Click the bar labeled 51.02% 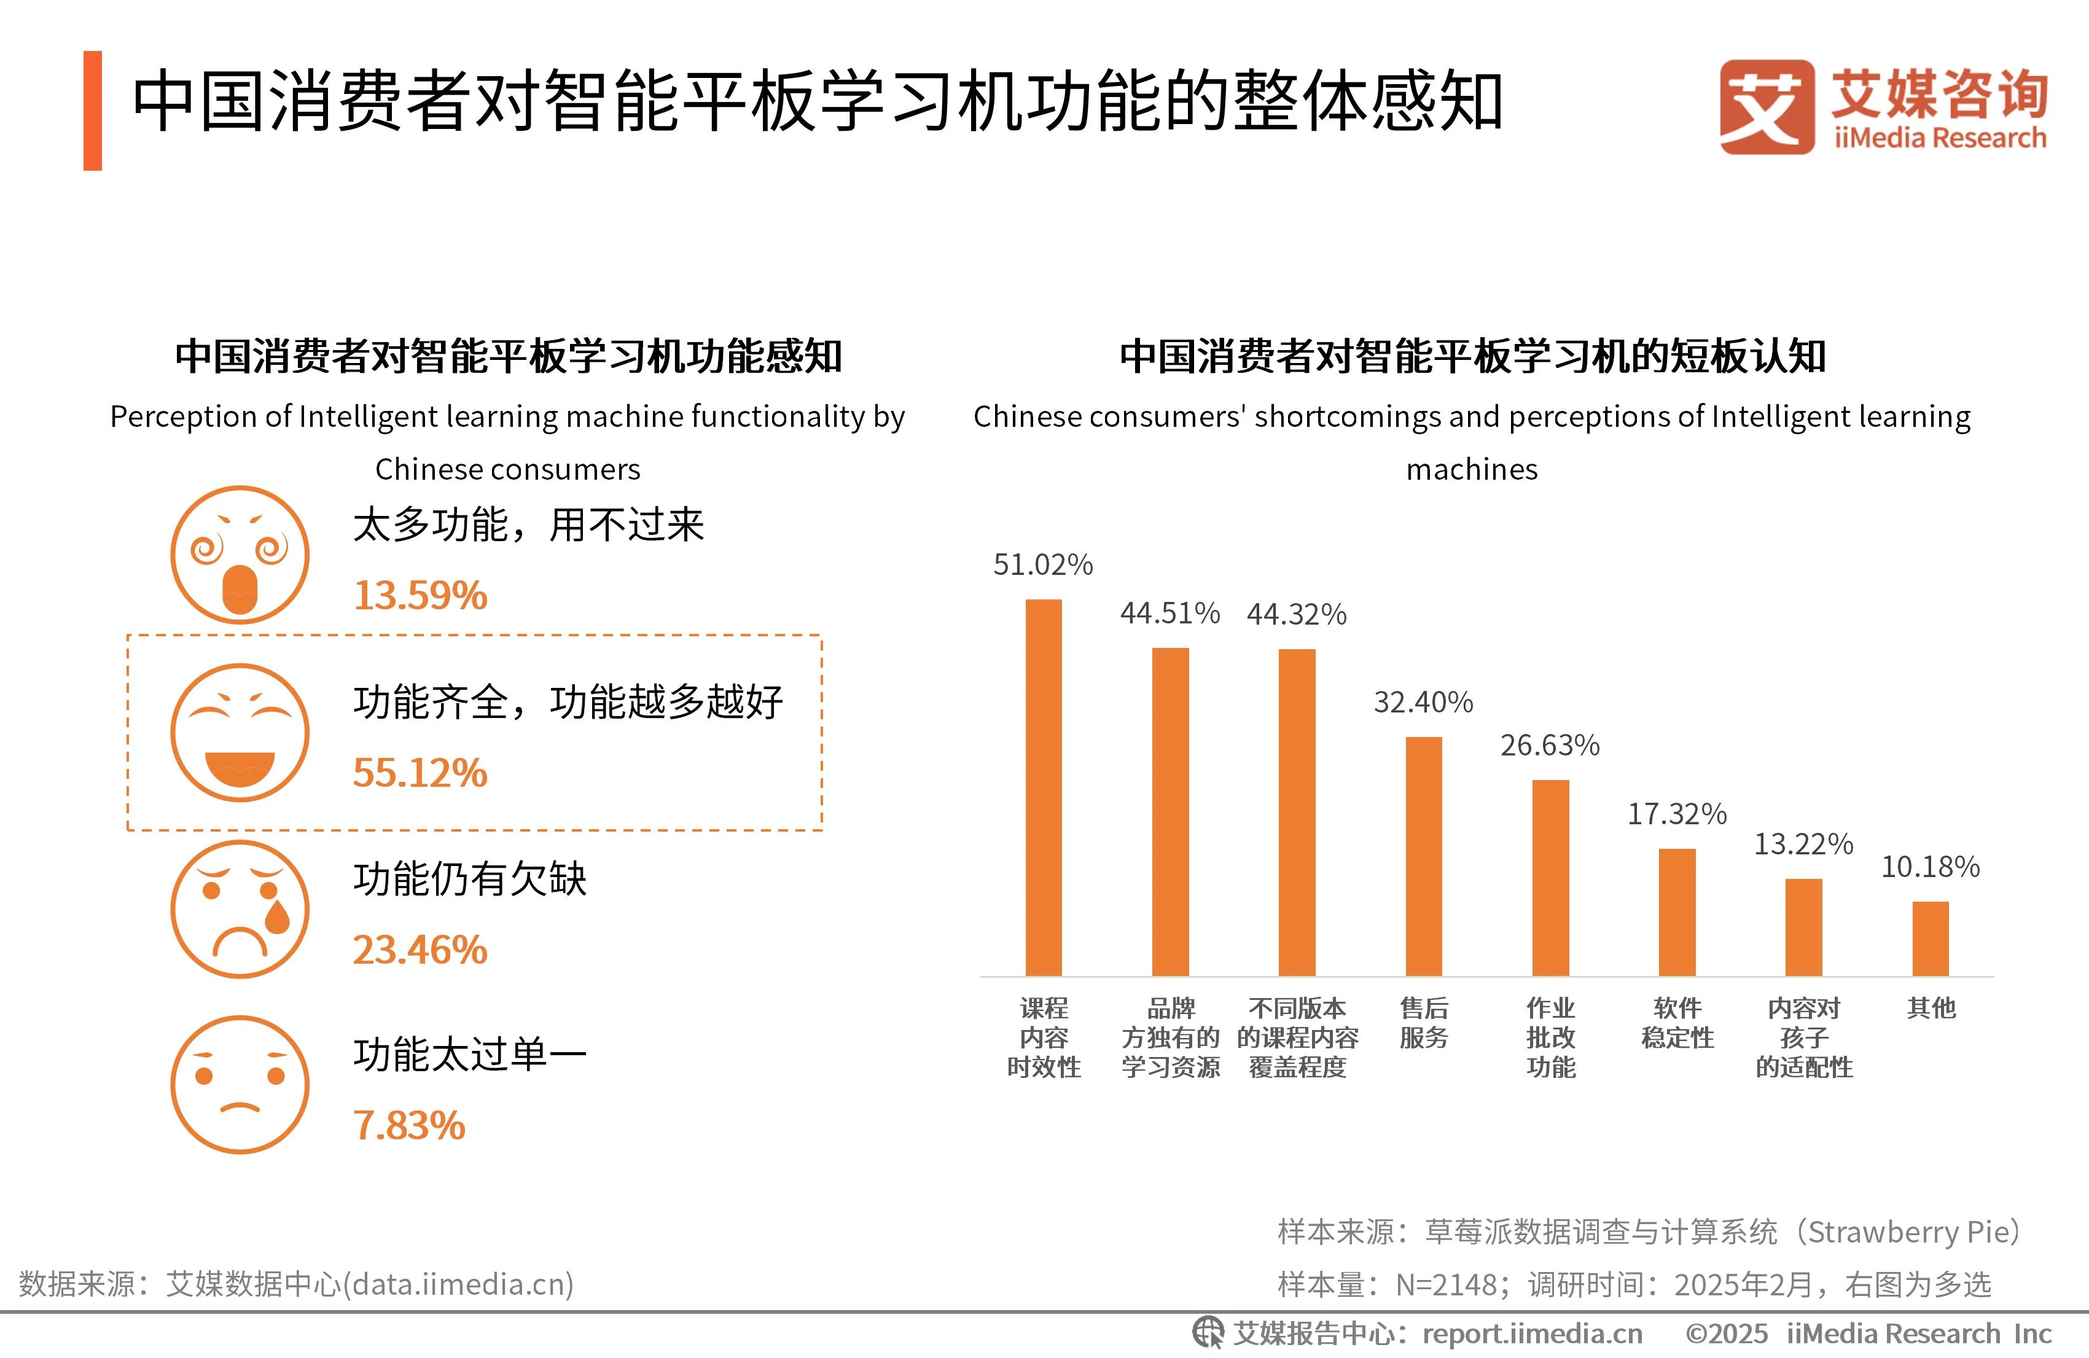click(1043, 787)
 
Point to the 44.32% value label click(1297, 614)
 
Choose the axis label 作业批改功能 click(1550, 1037)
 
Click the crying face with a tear click(240, 910)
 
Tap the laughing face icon click(240, 732)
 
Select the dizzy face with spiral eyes click(240, 555)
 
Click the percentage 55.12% click(420, 773)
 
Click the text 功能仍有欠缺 click(470, 879)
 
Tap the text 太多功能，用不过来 click(528, 525)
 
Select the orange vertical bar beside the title click(92, 111)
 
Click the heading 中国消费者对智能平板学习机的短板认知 click(1472, 356)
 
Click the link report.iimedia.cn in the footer click(1532, 1333)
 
